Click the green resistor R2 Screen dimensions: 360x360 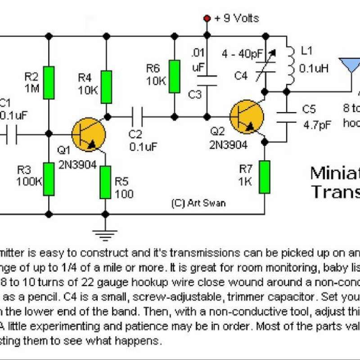point(49,82)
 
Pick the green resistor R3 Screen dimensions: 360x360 point(49,179)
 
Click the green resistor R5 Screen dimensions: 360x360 point(105,182)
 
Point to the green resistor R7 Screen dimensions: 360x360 point(265,177)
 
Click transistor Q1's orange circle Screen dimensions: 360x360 point(88,135)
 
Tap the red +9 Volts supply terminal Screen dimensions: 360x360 point(207,18)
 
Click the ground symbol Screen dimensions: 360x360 point(105,234)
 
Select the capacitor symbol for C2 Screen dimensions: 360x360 point(136,117)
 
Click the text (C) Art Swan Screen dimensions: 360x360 point(198,203)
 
